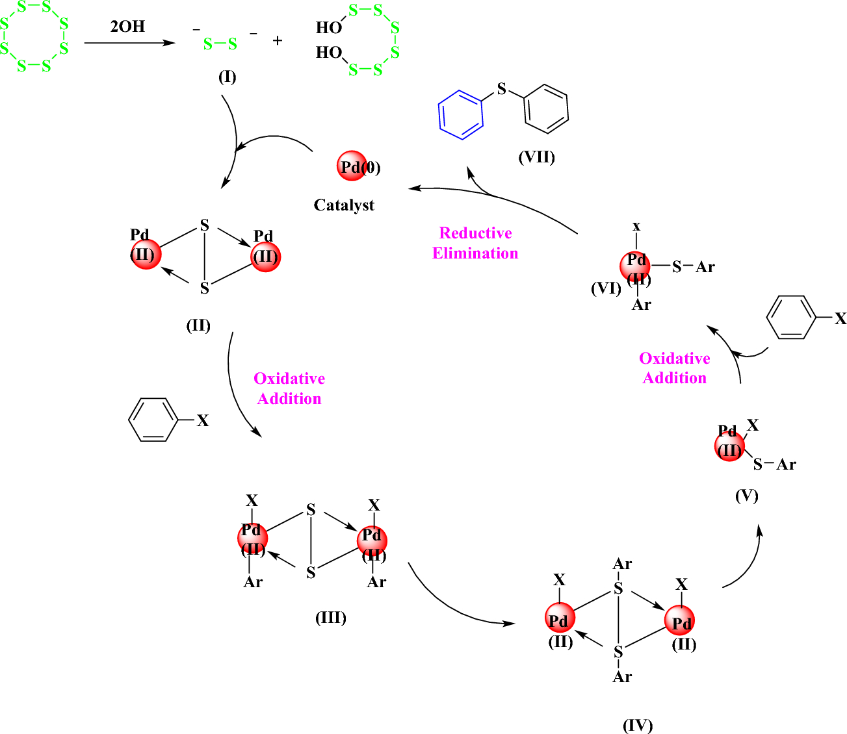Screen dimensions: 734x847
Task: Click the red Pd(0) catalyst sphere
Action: (352, 167)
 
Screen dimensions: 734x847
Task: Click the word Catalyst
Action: (344, 205)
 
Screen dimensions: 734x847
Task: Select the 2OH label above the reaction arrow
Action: (127, 27)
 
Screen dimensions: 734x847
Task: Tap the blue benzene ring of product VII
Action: (461, 115)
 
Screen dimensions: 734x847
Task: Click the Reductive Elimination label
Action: (475, 243)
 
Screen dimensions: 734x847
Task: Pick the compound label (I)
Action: (227, 77)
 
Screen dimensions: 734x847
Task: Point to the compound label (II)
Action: (198, 325)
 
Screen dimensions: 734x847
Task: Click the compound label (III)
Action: (330, 617)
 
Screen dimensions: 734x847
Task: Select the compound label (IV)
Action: (637, 725)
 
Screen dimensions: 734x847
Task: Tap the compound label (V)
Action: (746, 496)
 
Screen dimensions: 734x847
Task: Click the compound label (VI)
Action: (606, 288)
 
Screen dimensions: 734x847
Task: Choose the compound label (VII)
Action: (536, 157)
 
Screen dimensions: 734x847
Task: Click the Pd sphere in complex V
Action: (729, 446)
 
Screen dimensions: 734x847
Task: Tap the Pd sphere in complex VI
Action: (635, 266)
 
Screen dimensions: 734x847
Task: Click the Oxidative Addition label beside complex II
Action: (289, 388)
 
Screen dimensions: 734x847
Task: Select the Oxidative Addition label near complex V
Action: (674, 368)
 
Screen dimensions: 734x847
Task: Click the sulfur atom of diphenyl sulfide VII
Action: (501, 89)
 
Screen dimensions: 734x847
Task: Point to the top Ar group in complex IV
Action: (622, 564)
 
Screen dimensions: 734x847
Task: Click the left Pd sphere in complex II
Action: (145, 253)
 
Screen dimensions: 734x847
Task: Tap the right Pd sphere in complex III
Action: (372, 540)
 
